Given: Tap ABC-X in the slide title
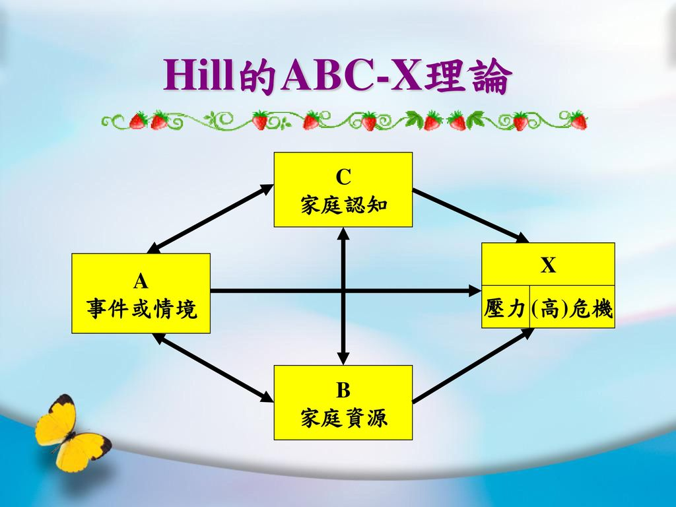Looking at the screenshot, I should click(x=351, y=77).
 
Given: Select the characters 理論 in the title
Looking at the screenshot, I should click(x=468, y=78).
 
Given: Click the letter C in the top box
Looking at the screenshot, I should click(x=343, y=177).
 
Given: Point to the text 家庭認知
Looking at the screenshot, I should click(x=343, y=205).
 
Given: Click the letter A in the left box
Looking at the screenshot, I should click(x=141, y=282).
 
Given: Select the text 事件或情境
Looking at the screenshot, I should click(x=141, y=308).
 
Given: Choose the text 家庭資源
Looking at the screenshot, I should click(x=343, y=417).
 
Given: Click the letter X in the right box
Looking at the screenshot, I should click(x=548, y=265).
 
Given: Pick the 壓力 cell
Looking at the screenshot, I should click(x=505, y=308).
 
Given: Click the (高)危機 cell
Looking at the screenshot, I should click(x=572, y=308).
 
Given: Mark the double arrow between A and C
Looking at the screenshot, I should click(x=210, y=218).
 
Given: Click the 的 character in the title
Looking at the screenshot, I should click(x=257, y=78).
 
